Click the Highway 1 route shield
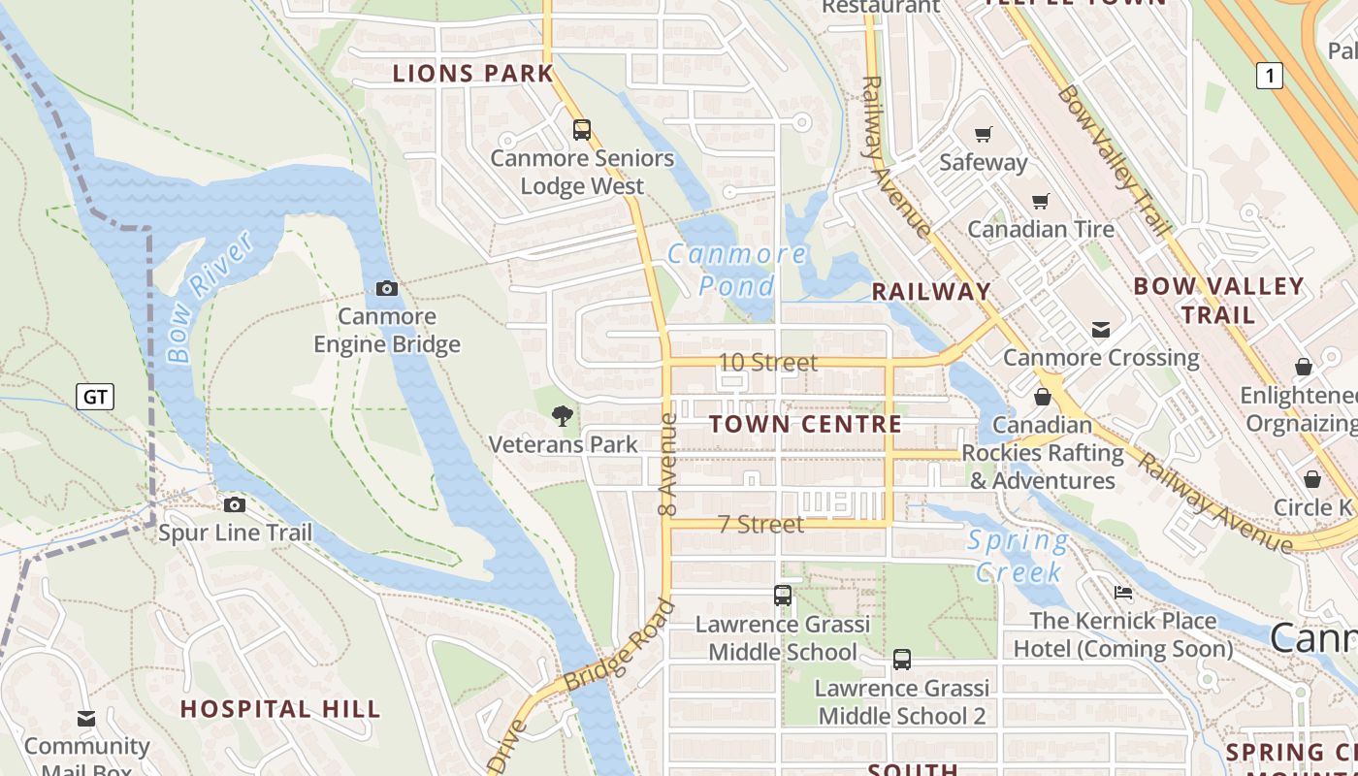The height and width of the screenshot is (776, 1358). click(1269, 76)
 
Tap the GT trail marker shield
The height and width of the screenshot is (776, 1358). click(95, 396)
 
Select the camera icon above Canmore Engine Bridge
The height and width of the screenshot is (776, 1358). click(386, 288)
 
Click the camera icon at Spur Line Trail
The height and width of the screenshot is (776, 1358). click(235, 504)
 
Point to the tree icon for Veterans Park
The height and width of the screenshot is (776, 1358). click(562, 417)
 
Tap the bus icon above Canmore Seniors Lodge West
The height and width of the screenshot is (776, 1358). click(581, 129)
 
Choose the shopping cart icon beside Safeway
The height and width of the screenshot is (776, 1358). click(984, 134)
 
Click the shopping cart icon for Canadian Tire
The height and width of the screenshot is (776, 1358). click(1041, 201)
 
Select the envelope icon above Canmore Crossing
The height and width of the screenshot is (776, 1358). click(1101, 330)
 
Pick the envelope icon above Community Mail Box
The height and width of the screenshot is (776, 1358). click(86, 719)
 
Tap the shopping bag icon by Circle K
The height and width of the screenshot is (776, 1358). click(1312, 479)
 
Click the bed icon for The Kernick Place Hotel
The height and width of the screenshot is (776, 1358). click(1123, 592)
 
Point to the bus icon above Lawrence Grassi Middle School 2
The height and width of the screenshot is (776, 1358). click(902, 660)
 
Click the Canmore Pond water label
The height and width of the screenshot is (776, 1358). click(737, 270)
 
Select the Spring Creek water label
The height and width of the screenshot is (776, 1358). click(1018, 556)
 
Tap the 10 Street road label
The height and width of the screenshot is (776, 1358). click(767, 362)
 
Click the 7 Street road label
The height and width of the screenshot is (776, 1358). click(760, 524)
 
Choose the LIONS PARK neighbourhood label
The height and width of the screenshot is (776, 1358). click(472, 73)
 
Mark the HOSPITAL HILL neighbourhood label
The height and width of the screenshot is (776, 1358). click(280, 709)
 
